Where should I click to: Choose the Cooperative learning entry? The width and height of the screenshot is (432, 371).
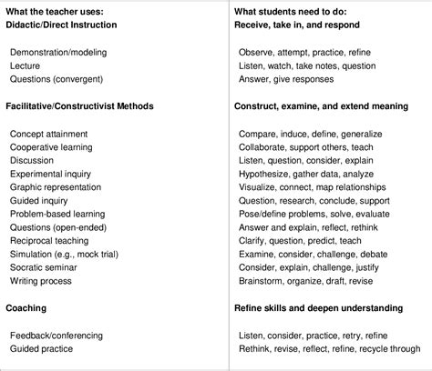[51, 146]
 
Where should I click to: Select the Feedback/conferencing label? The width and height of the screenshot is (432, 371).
[55, 335]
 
